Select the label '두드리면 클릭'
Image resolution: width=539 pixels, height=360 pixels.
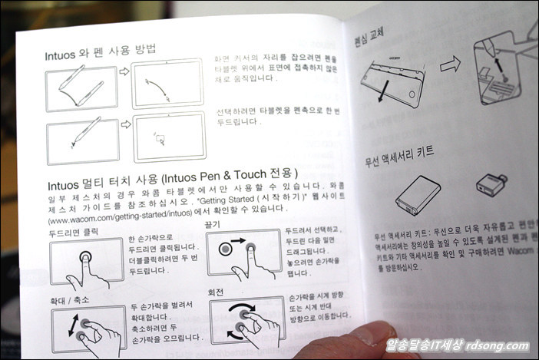[x=76, y=230]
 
